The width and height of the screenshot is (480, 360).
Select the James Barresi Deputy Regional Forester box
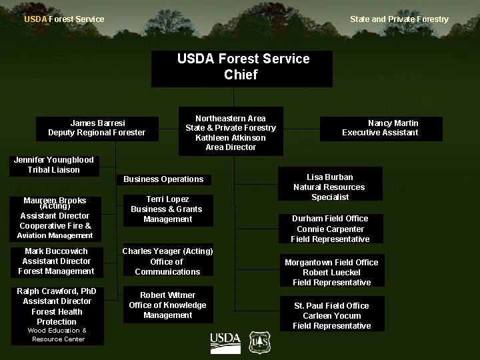pyautogui.click(x=97, y=128)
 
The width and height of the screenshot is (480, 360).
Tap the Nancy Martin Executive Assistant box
pyautogui.click(x=381, y=128)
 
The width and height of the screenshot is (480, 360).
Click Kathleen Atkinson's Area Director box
pyautogui.click(x=231, y=132)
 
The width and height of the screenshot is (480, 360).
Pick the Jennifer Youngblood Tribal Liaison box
pyautogui.click(x=54, y=165)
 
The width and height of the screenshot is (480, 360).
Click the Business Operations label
pyautogui.click(x=164, y=179)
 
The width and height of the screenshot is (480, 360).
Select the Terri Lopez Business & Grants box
pyautogui.click(x=168, y=209)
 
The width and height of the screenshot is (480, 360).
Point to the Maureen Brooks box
pyautogui.click(x=55, y=218)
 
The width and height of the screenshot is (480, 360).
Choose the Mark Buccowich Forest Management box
pyautogui.click(x=56, y=261)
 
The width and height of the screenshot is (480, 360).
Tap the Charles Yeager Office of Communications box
pyautogui.click(x=168, y=261)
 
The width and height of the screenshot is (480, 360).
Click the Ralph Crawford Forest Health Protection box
pyautogui.click(x=57, y=315)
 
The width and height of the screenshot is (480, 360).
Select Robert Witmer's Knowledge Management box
pyautogui.click(x=168, y=305)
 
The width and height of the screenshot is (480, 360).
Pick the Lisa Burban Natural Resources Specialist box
pyautogui.click(x=329, y=187)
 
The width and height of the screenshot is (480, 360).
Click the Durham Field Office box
pyautogui.click(x=330, y=229)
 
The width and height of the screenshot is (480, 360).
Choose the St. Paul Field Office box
pyautogui.click(x=331, y=315)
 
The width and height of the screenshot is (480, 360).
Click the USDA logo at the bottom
pyautogui.click(x=225, y=343)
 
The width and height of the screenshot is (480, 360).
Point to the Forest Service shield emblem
pyautogui.click(x=259, y=343)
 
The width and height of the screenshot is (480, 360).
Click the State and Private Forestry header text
pyautogui.click(x=399, y=19)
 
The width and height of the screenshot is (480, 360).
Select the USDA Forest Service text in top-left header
pyautogui.click(x=64, y=19)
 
